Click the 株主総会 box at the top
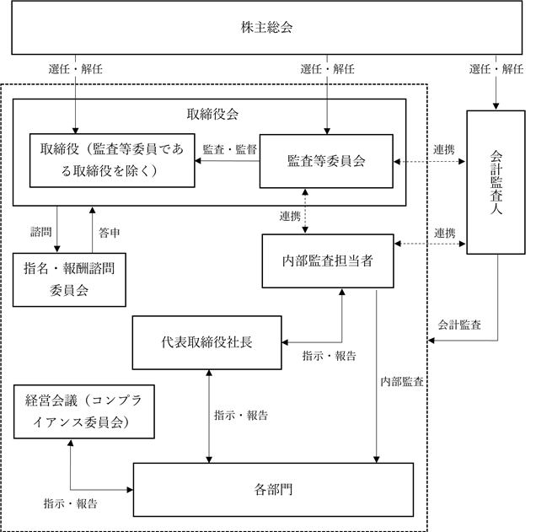coord(267,28)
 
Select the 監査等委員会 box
coord(326,161)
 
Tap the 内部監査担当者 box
coord(328,261)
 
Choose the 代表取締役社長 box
coord(206,342)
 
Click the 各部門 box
coord(273,490)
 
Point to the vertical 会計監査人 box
coord(496,182)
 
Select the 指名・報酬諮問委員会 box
coord(69,280)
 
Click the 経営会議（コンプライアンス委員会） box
coord(84,411)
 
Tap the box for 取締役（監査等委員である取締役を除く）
coord(112,160)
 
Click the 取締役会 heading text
coord(212,114)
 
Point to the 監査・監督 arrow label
coord(230,149)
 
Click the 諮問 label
coord(41,232)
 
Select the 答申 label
coord(110,233)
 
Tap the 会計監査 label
coord(459,325)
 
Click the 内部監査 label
coord(402,382)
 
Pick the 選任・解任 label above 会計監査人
coord(496,69)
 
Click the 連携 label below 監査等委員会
coord(290,216)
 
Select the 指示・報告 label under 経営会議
coord(71,503)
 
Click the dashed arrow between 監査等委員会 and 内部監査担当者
coord(305,212)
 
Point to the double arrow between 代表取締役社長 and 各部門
coord(209,416)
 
